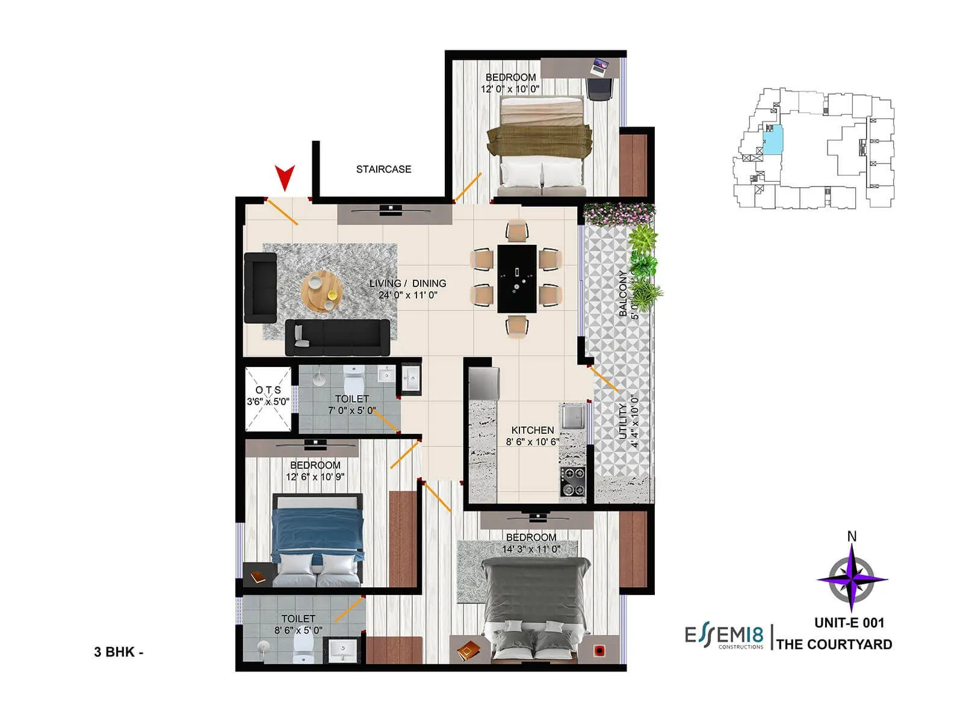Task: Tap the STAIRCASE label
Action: (x=383, y=170)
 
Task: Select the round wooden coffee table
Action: (x=322, y=291)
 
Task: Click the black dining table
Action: (x=517, y=278)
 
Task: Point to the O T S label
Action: (x=268, y=390)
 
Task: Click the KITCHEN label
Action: (x=533, y=430)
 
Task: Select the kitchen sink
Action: (x=573, y=416)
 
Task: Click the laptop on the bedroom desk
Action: (x=600, y=65)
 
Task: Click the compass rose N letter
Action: (x=852, y=536)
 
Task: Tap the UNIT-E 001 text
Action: (x=849, y=623)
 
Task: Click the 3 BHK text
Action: (x=118, y=652)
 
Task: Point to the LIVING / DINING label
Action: (x=407, y=283)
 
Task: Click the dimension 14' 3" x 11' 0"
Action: (x=531, y=549)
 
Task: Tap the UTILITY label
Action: (x=623, y=421)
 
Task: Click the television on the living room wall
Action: (x=391, y=209)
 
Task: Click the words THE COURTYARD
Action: (x=834, y=644)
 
